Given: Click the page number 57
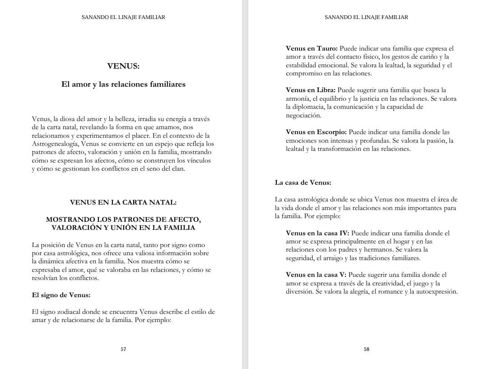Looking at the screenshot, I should pyautogui.click(x=123, y=349).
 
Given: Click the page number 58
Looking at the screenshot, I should pyautogui.click(x=366, y=349).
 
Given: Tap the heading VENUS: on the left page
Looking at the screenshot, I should pyautogui.click(x=123, y=66).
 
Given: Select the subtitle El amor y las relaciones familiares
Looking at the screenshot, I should pyautogui.click(x=123, y=84).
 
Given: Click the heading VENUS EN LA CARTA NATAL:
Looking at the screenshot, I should pyautogui.click(x=123, y=202).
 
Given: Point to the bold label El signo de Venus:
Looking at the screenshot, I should pyautogui.click(x=61, y=295).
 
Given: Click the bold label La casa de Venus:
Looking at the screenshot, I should pyautogui.click(x=303, y=183).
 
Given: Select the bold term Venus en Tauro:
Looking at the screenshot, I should pyautogui.click(x=312, y=48).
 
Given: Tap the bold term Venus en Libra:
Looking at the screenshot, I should pyautogui.click(x=311, y=90).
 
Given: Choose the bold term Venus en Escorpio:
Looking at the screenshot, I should pyautogui.click(x=316, y=132).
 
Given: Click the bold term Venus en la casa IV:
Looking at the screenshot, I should pyautogui.click(x=317, y=233).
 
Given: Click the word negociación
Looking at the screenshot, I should pyautogui.click(x=303, y=115).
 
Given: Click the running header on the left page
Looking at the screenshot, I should pyautogui.click(x=123, y=17).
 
